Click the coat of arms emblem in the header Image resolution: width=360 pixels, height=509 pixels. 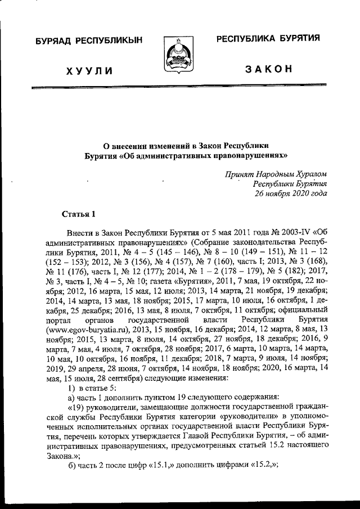point(179,53)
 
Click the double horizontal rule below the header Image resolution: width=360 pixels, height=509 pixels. point(179,88)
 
